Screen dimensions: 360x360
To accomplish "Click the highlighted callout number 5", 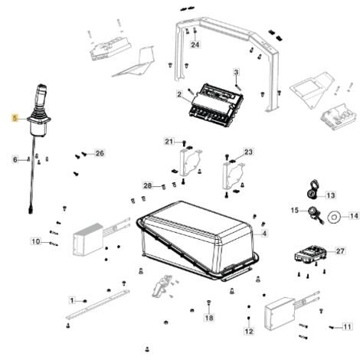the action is (x=15, y=118).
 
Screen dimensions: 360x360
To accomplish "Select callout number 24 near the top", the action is (x=195, y=44).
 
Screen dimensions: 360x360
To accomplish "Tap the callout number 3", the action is (x=236, y=72).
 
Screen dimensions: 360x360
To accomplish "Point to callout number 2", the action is (x=179, y=94).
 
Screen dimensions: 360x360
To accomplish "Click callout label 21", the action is (x=169, y=142).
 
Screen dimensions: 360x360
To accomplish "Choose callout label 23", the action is (x=248, y=152).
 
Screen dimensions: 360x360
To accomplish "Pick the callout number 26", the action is (x=100, y=153).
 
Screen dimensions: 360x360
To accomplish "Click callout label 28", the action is (x=148, y=185).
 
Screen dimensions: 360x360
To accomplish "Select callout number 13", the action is (x=331, y=195).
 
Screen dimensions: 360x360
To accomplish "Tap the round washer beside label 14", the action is (x=334, y=217).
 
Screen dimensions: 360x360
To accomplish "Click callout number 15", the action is (x=295, y=211).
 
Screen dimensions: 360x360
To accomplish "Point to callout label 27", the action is (x=340, y=251).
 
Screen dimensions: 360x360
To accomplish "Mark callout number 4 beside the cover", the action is (x=264, y=234).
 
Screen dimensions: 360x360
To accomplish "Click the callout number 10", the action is (x=36, y=241).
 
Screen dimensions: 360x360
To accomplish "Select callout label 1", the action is (x=72, y=300).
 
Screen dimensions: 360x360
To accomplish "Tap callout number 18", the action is (x=209, y=318).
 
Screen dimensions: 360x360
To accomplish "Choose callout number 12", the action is (x=249, y=331).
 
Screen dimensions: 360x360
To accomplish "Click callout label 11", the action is (x=347, y=326).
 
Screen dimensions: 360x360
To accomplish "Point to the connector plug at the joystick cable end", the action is (x=31, y=211).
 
